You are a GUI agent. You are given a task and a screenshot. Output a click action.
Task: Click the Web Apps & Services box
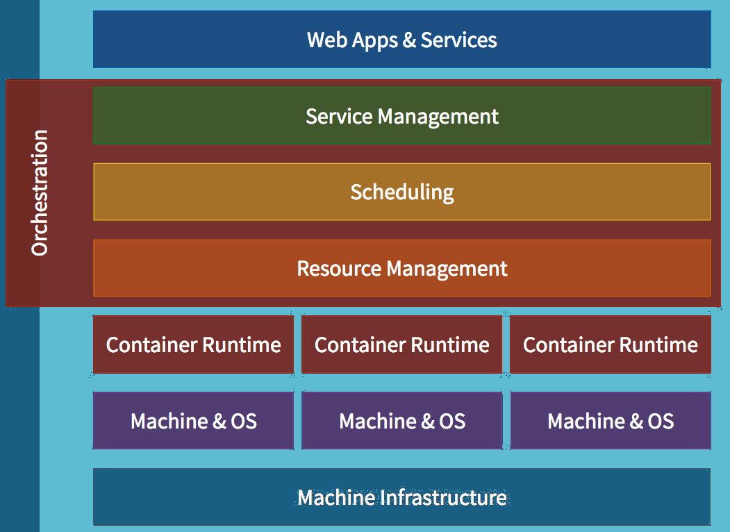(401, 40)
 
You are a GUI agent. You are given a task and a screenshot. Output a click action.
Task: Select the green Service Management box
(401, 116)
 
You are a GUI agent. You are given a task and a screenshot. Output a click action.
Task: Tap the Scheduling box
(401, 192)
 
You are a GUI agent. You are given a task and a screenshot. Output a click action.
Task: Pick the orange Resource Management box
(401, 268)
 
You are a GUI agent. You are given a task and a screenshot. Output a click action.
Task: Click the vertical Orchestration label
(40, 192)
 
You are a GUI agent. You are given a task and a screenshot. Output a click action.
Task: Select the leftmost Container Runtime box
(193, 345)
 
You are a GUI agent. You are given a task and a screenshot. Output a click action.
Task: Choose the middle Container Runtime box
(401, 345)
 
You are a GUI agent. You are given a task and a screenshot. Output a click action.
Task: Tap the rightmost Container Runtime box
(610, 345)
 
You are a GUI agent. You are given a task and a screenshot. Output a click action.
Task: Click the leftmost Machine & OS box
(193, 421)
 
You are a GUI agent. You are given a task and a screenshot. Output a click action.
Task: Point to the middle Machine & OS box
(401, 421)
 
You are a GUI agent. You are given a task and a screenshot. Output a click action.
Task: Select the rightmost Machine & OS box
(610, 421)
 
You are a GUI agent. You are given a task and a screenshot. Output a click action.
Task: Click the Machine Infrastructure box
(401, 497)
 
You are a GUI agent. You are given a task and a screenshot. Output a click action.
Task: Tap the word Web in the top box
(326, 40)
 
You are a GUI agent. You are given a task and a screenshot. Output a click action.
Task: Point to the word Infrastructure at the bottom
(443, 497)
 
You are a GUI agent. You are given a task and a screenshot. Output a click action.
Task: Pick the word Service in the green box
(339, 116)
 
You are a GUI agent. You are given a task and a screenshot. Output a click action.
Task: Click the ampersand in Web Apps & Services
(409, 40)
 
